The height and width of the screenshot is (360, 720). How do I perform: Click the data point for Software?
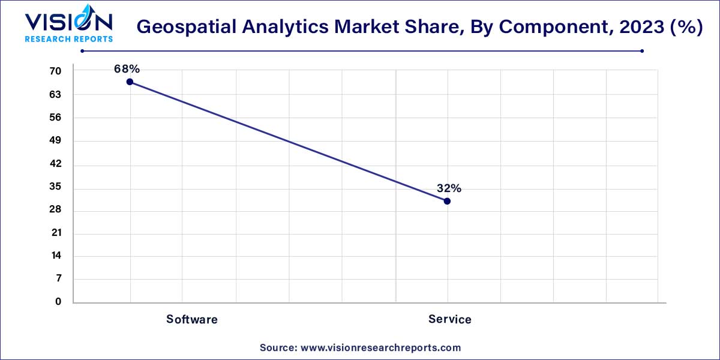click(x=130, y=82)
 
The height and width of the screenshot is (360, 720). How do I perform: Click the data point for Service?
click(x=447, y=201)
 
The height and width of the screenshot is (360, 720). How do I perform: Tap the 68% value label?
click(x=127, y=69)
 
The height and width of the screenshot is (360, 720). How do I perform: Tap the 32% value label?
click(x=449, y=188)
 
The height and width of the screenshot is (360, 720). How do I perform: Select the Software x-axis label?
click(x=192, y=319)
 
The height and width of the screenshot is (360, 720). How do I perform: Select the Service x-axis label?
click(x=449, y=319)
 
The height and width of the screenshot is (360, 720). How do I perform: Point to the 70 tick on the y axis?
click(x=55, y=71)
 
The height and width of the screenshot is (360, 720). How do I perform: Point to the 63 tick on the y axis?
click(x=55, y=94)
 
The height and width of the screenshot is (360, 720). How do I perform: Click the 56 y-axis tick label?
click(x=55, y=118)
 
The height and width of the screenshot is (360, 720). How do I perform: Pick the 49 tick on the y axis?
click(x=55, y=140)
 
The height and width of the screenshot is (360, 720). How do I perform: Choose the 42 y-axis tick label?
click(x=55, y=164)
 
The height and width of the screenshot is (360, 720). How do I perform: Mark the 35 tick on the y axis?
click(x=55, y=187)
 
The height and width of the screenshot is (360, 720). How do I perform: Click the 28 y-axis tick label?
click(x=55, y=209)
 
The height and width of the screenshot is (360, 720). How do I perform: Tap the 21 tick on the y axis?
click(x=55, y=233)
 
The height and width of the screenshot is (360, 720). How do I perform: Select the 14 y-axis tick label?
click(x=55, y=256)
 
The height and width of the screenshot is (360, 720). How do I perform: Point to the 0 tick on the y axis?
click(x=58, y=302)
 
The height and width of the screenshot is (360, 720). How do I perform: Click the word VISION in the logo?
click(x=68, y=22)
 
